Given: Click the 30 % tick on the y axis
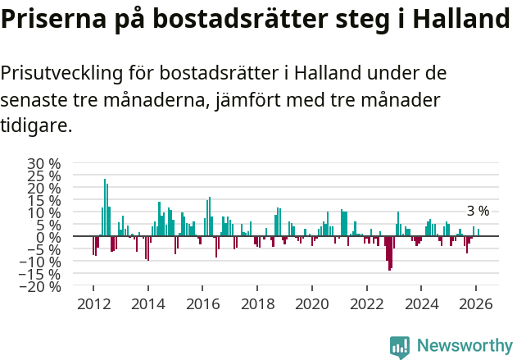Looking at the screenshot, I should click(43, 163).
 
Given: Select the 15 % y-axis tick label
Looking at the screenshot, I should click(43, 200).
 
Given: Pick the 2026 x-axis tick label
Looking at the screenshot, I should click(476, 303).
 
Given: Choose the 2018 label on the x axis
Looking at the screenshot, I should click(257, 303).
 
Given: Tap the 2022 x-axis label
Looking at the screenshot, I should click(367, 303).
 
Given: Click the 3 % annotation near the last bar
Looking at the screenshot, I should click(478, 212).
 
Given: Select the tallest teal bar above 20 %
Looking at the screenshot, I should click(105, 207).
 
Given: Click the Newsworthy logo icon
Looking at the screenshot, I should click(400, 347).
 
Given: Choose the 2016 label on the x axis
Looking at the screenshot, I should click(202, 303).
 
